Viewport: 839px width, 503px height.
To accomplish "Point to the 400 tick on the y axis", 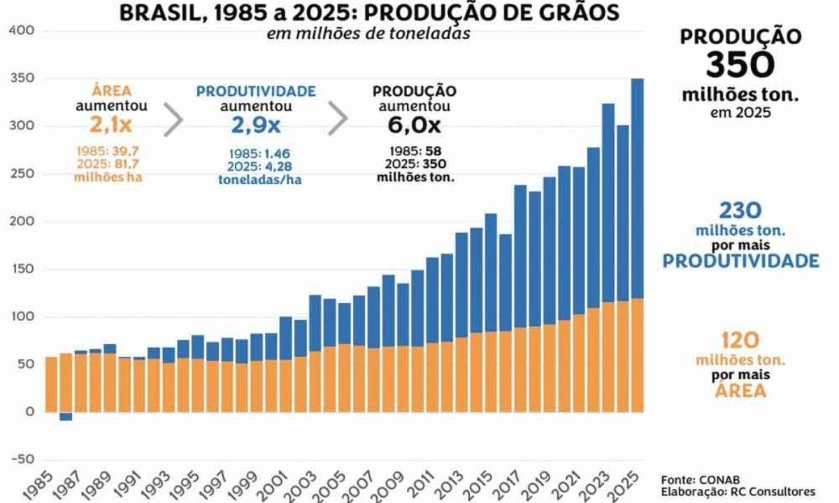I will [22, 31].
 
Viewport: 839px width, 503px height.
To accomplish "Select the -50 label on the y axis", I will [22, 459].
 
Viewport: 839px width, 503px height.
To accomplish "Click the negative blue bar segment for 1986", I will [66, 416].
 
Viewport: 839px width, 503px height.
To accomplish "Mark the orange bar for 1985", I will [51, 385].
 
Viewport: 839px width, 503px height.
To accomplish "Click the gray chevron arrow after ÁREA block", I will [173, 120].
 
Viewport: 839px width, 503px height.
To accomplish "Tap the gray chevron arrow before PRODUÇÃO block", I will [338, 120].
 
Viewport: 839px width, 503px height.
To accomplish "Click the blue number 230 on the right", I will [740, 211].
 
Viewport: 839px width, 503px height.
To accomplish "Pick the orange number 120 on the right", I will [740, 341].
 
